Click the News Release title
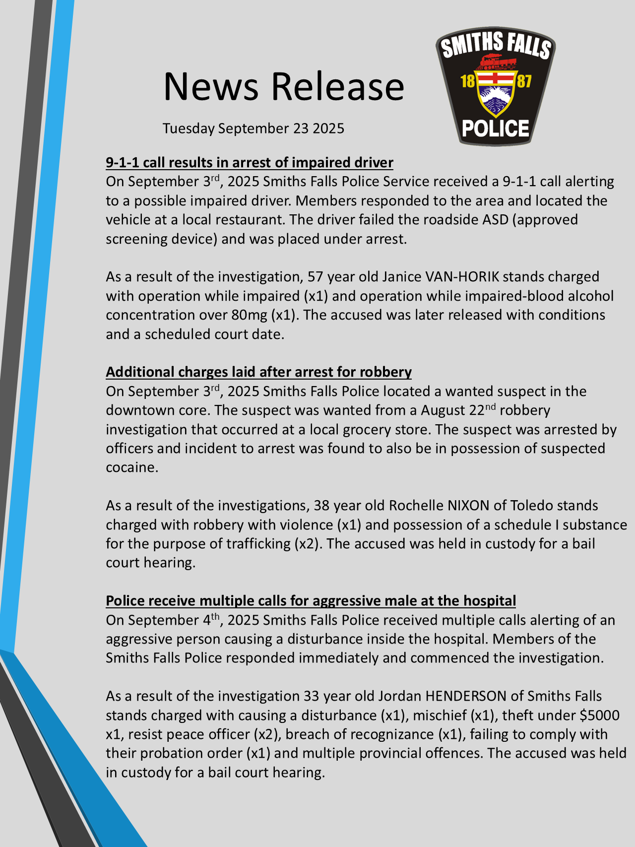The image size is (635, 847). click(x=284, y=86)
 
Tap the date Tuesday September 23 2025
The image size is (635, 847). click(x=253, y=129)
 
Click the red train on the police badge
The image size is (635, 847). click(x=496, y=61)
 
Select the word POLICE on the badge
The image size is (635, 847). click(x=496, y=129)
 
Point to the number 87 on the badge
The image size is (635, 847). click(x=524, y=81)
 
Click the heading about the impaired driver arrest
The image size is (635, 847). click(x=249, y=162)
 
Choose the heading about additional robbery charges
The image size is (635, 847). click(x=258, y=372)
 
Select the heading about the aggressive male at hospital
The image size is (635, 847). click(x=311, y=600)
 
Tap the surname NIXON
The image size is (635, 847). click(x=468, y=505)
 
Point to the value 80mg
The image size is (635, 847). click(x=254, y=315)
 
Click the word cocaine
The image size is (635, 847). click(x=132, y=467)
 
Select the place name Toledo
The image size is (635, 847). click(x=531, y=505)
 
